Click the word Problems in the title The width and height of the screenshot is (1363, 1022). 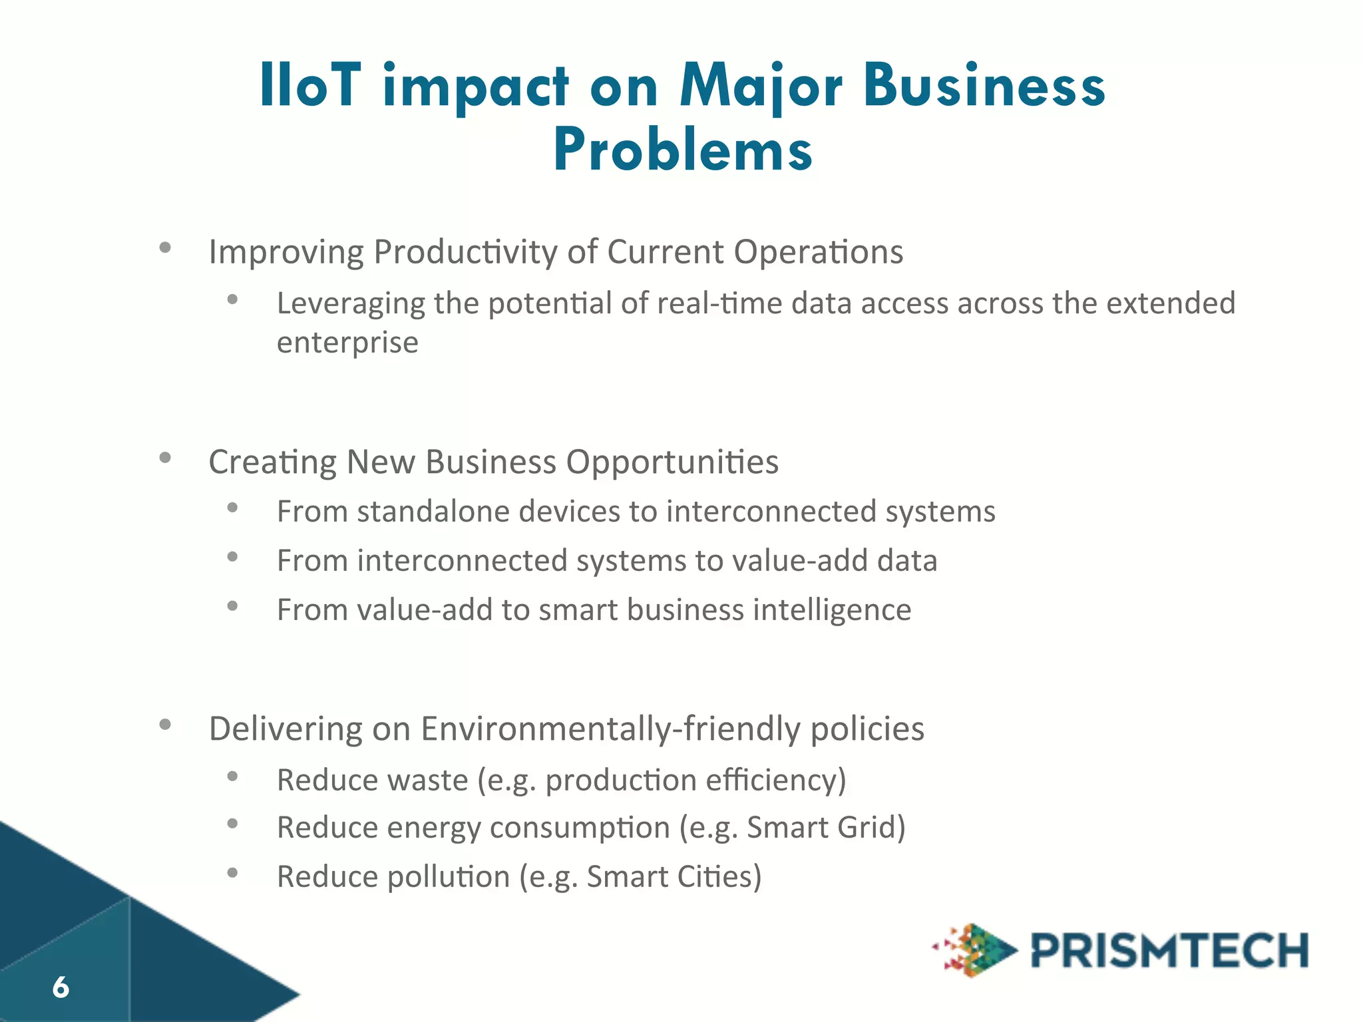(x=683, y=150)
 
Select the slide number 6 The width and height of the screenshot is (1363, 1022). (x=61, y=987)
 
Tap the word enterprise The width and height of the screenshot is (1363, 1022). (x=347, y=343)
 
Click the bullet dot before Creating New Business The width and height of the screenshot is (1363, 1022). (x=165, y=457)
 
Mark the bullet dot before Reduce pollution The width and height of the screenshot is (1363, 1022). (x=232, y=872)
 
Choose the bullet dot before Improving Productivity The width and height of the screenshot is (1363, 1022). (x=165, y=248)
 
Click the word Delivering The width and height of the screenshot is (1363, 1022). (x=286, y=729)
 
